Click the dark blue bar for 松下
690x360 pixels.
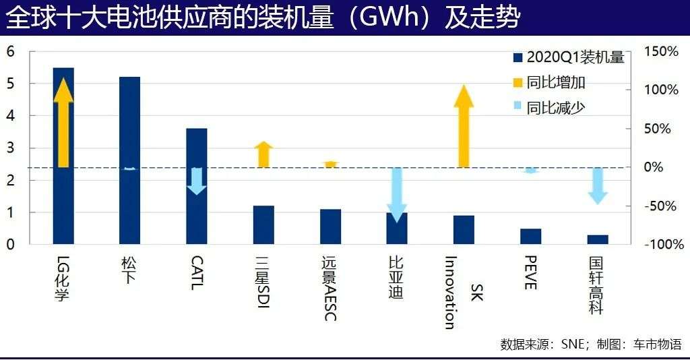click(129, 202)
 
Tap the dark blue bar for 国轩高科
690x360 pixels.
click(598, 239)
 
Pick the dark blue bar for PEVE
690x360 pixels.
click(531, 236)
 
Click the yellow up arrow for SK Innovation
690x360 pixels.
click(464, 128)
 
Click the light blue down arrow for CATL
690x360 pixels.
click(196, 180)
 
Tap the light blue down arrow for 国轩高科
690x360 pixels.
click(598, 185)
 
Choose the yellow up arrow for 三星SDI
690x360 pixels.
click(263, 154)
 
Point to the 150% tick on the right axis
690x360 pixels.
click(661, 52)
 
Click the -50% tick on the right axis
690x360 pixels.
click(663, 206)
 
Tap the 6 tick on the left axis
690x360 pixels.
click(10, 52)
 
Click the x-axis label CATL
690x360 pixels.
click(196, 272)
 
